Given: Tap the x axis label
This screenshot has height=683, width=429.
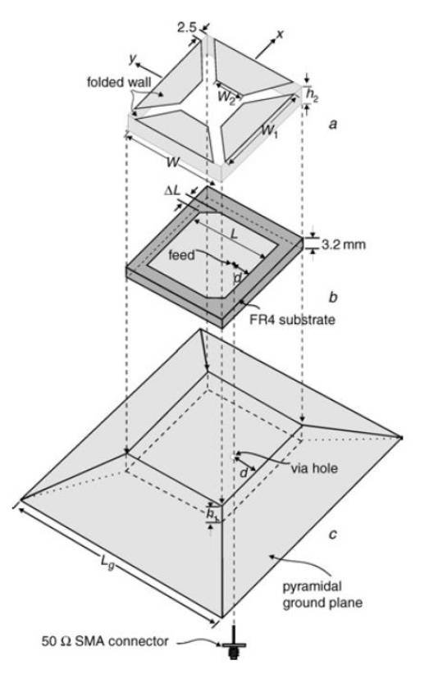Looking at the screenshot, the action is click(280, 34).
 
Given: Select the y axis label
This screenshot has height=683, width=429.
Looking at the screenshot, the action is click(133, 59).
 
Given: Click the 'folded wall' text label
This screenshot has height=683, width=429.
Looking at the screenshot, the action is click(119, 81).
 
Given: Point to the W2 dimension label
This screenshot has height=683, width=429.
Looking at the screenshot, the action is click(226, 96).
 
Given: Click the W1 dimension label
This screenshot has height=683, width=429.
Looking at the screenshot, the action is click(269, 130).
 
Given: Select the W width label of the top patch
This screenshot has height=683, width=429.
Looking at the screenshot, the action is click(172, 162).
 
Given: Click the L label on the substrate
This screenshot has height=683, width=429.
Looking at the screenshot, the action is click(234, 234).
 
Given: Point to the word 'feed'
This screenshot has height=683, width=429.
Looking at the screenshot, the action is click(181, 254).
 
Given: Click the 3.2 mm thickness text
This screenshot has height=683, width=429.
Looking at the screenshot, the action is click(344, 244).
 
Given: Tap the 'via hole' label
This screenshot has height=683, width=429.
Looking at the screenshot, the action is click(314, 468).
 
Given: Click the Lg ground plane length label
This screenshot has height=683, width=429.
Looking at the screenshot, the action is click(107, 562).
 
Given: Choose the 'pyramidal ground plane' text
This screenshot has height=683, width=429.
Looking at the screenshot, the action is click(322, 594).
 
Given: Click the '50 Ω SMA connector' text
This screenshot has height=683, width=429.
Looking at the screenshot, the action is click(105, 641).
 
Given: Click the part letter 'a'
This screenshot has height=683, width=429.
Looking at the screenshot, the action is click(333, 125).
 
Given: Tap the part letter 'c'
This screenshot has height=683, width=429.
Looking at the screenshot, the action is click(332, 534).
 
